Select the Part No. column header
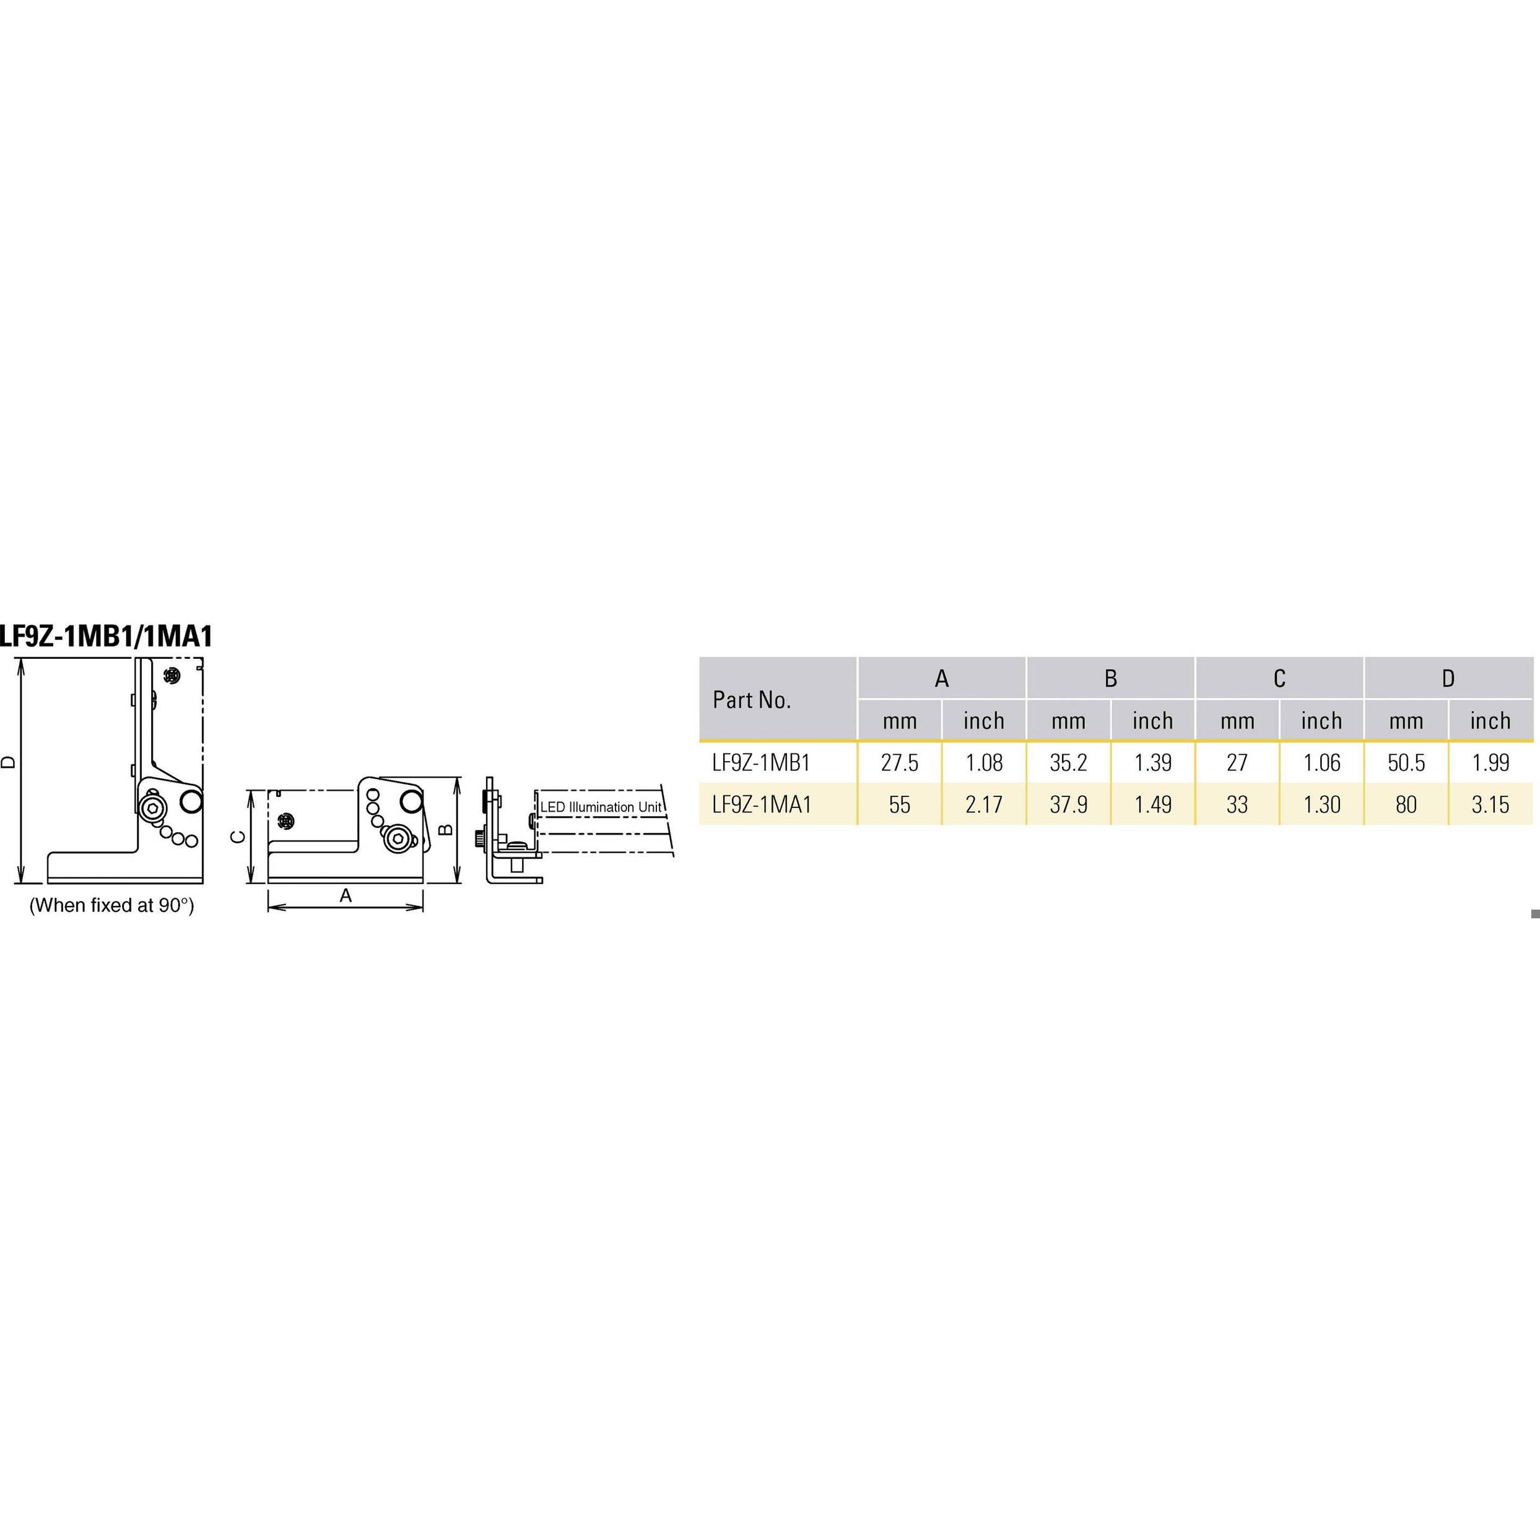click(x=752, y=700)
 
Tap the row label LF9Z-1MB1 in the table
click(x=761, y=763)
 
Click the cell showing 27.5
click(x=899, y=763)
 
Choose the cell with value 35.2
click(x=1068, y=763)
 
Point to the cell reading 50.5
click(x=1406, y=763)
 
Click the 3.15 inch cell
click(x=1490, y=804)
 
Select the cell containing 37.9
click(x=1068, y=804)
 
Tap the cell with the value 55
click(x=899, y=804)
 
